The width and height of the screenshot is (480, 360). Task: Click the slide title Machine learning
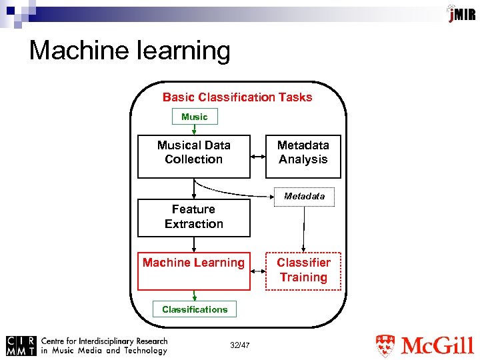coord(129,51)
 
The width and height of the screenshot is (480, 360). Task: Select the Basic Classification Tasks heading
coord(237,97)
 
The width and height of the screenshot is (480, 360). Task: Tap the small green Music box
coord(195,117)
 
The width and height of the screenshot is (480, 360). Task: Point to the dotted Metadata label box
coord(304,197)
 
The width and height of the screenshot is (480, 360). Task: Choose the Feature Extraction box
coord(194,217)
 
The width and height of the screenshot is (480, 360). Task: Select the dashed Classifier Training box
coord(303,271)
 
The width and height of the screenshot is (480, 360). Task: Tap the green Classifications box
coord(195,309)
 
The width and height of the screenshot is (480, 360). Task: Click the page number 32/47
coord(239,345)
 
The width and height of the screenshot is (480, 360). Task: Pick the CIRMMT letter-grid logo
coord(21,345)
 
